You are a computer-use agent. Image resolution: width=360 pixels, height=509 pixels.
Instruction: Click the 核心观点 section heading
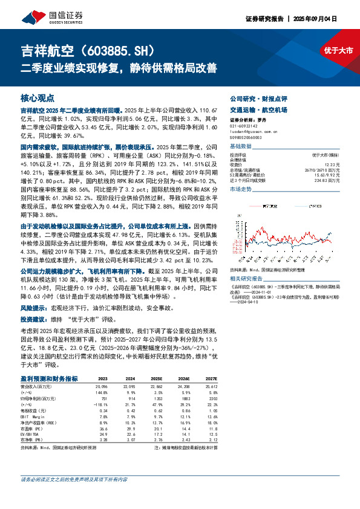[x=38, y=97]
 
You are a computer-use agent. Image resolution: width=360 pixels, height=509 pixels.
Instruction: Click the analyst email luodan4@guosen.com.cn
[x=252, y=131]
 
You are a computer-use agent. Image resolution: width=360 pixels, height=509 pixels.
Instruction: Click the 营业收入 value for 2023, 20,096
[x=101, y=386]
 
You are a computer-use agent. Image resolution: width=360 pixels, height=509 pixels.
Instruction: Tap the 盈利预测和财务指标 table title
[x=49, y=378]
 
